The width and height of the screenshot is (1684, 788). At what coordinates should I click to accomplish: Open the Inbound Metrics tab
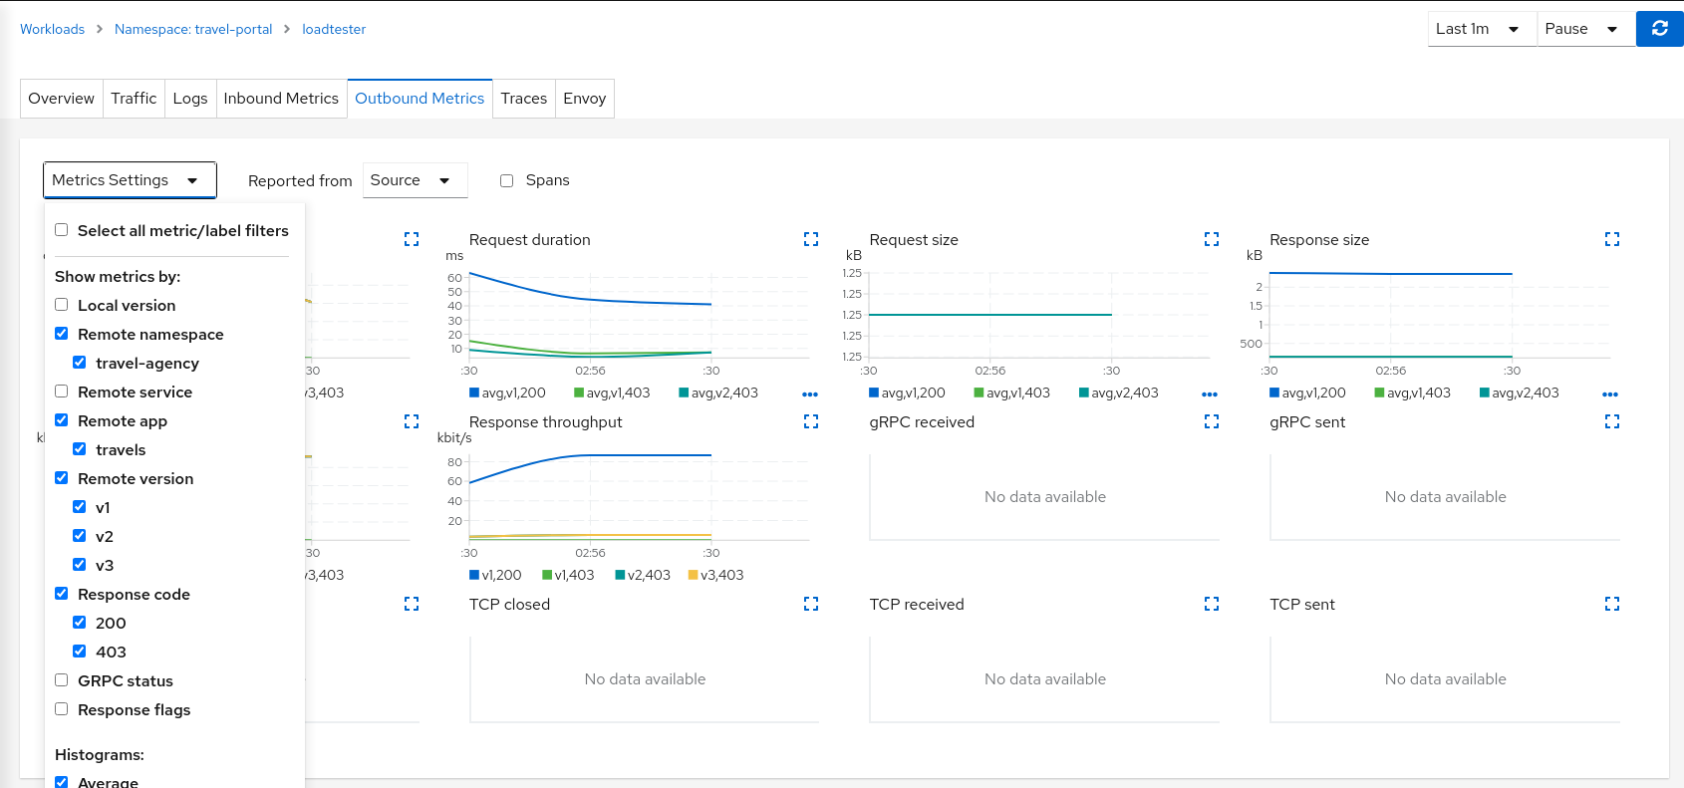click(281, 99)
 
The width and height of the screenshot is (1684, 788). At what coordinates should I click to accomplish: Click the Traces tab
click(523, 99)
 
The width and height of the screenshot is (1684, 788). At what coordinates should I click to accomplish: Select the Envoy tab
click(584, 99)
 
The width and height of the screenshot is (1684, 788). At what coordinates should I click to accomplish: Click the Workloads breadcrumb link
click(52, 29)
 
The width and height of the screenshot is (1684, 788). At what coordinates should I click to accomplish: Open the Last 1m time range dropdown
click(1480, 29)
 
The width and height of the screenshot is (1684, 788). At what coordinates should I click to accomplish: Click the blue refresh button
click(1659, 29)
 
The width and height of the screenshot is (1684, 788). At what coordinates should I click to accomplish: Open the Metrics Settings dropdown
click(130, 180)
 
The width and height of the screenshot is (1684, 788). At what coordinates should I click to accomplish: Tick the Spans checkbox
click(507, 180)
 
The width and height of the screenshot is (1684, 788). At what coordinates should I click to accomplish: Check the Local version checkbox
click(62, 305)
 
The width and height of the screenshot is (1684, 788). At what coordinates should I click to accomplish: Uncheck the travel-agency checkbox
click(80, 363)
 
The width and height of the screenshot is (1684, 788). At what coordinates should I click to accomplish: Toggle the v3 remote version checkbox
click(80, 565)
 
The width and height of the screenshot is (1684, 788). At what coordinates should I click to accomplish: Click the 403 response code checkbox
click(80, 652)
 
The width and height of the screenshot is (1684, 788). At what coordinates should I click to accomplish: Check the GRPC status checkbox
click(62, 680)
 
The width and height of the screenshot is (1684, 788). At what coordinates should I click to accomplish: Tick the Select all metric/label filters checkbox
click(62, 230)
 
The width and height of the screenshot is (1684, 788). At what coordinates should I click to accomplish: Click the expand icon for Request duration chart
click(811, 239)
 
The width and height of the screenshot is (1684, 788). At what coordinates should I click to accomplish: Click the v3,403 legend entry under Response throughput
click(715, 575)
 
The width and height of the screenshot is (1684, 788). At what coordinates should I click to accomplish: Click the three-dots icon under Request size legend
click(1210, 394)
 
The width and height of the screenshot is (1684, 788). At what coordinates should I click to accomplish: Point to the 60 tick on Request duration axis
click(454, 278)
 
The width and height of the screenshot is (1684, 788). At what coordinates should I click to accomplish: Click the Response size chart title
click(1319, 240)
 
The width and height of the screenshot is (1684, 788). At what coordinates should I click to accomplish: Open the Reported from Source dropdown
click(415, 180)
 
